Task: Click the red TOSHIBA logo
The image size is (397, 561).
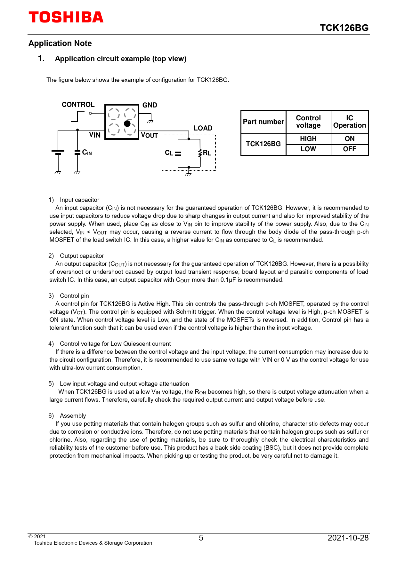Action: pos(66,17)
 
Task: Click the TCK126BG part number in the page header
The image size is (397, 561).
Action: pos(344,28)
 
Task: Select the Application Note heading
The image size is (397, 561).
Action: pos(60,43)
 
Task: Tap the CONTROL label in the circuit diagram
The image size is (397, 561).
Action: pos(78,105)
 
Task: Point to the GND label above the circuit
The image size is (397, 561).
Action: pos(150,105)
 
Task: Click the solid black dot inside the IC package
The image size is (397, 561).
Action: pos(127,123)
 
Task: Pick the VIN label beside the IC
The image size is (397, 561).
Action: pos(95,135)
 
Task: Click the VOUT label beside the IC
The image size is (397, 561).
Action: pos(150,135)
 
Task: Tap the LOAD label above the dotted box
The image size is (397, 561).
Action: pos(203,128)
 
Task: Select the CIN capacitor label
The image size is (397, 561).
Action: pos(87,153)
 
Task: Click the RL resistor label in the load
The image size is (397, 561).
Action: pos(207,153)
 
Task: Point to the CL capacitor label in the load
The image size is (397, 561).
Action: pos(169,153)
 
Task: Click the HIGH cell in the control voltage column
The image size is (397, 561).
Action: pos(308,139)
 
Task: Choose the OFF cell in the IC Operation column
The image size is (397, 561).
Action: pos(349,149)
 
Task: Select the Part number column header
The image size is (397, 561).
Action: pos(263,122)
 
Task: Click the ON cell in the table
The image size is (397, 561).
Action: pos(349,139)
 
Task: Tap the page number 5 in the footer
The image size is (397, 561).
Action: pos(201,538)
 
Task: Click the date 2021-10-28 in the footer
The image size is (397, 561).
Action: pos(348,538)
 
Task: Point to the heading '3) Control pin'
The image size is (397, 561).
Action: pos(69,296)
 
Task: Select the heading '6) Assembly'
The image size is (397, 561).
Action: pos(67,415)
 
